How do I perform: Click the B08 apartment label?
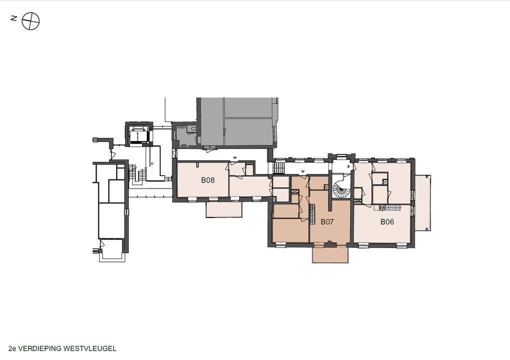tap(208, 180)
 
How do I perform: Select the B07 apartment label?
tap(327, 222)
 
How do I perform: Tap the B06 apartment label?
tap(387, 222)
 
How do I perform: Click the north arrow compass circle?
tap(31, 21)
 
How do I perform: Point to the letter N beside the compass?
tap(14, 18)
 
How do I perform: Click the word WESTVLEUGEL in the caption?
tap(90, 348)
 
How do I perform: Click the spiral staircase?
tap(341, 189)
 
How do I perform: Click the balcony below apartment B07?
tap(330, 254)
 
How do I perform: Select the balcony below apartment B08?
tap(224, 209)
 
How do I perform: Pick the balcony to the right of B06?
tap(423, 202)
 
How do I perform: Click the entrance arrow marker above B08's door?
tap(235, 158)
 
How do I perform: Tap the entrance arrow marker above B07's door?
tap(303, 171)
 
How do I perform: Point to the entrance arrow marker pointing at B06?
tap(350, 166)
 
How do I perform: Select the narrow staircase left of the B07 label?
tap(313, 214)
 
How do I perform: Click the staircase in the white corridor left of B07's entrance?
tap(278, 168)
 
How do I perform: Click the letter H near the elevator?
tap(152, 163)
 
